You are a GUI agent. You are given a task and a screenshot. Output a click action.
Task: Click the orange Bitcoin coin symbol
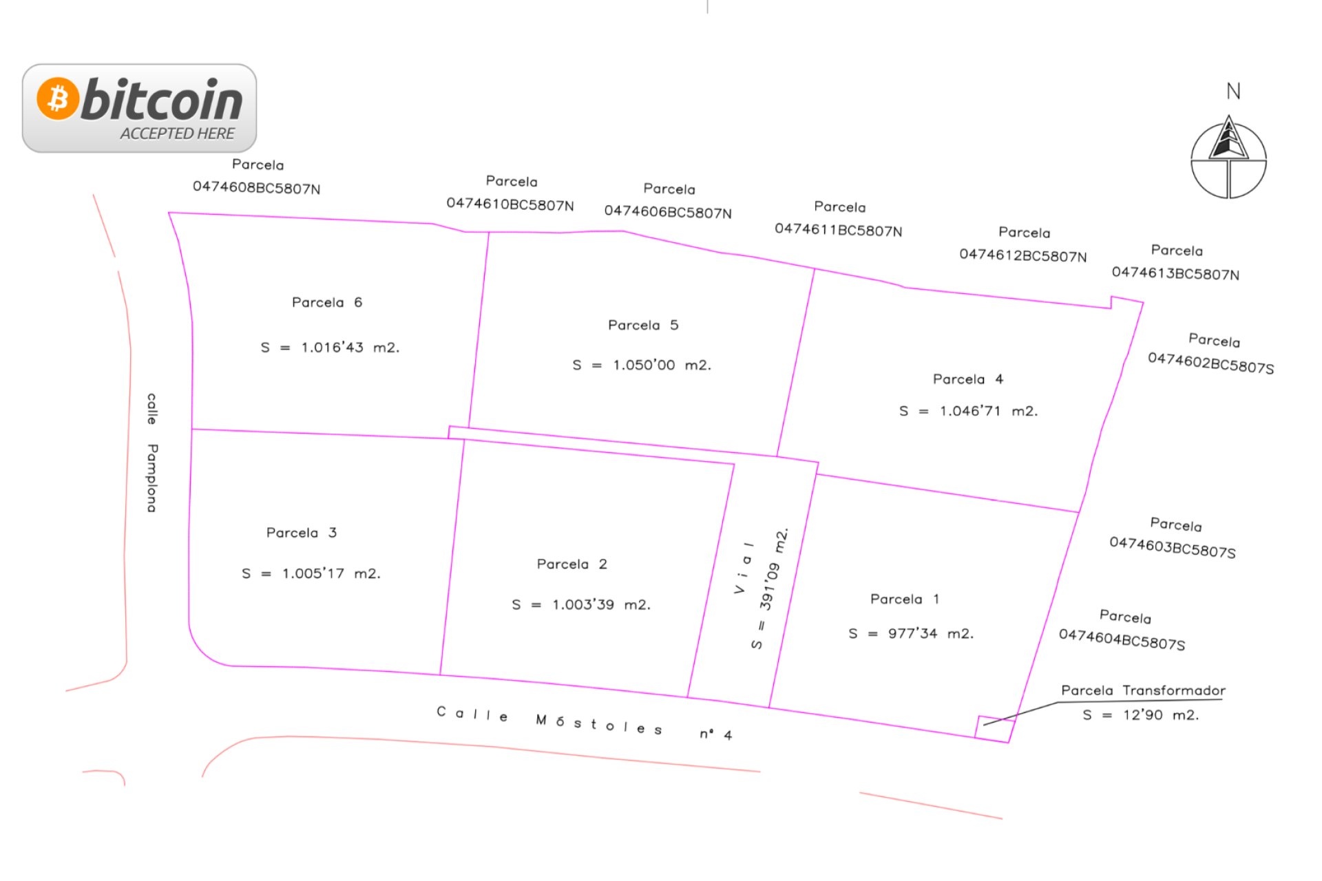click(x=58, y=98)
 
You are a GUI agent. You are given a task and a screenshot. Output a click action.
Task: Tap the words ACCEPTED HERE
click(x=178, y=134)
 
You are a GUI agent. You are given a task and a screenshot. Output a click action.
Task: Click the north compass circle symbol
click(x=1228, y=160)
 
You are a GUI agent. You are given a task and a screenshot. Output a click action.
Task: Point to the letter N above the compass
click(x=1233, y=92)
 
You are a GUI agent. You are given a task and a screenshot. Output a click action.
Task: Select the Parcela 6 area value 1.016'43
click(x=332, y=348)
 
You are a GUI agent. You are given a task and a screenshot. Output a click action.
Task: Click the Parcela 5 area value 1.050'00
click(x=644, y=365)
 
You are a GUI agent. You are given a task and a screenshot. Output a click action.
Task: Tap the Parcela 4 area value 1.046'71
click(x=970, y=411)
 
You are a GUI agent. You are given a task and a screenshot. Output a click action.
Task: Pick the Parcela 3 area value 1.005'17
click(x=313, y=573)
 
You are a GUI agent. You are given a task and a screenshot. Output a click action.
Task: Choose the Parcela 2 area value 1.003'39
click(x=583, y=604)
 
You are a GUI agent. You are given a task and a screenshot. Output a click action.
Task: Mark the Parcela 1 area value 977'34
click(x=912, y=633)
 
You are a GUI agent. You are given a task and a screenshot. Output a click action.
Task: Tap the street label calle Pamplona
click(x=152, y=452)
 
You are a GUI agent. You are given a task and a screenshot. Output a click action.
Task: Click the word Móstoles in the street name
click(x=598, y=723)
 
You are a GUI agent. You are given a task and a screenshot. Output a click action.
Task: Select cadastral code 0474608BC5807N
click(x=256, y=187)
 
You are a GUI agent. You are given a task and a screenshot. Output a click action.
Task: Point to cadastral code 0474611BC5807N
click(x=838, y=229)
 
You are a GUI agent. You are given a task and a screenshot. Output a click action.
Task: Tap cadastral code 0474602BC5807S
click(x=1210, y=363)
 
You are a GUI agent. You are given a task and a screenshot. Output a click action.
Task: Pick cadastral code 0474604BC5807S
click(x=1122, y=639)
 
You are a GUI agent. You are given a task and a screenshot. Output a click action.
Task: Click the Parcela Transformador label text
click(x=1143, y=690)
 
